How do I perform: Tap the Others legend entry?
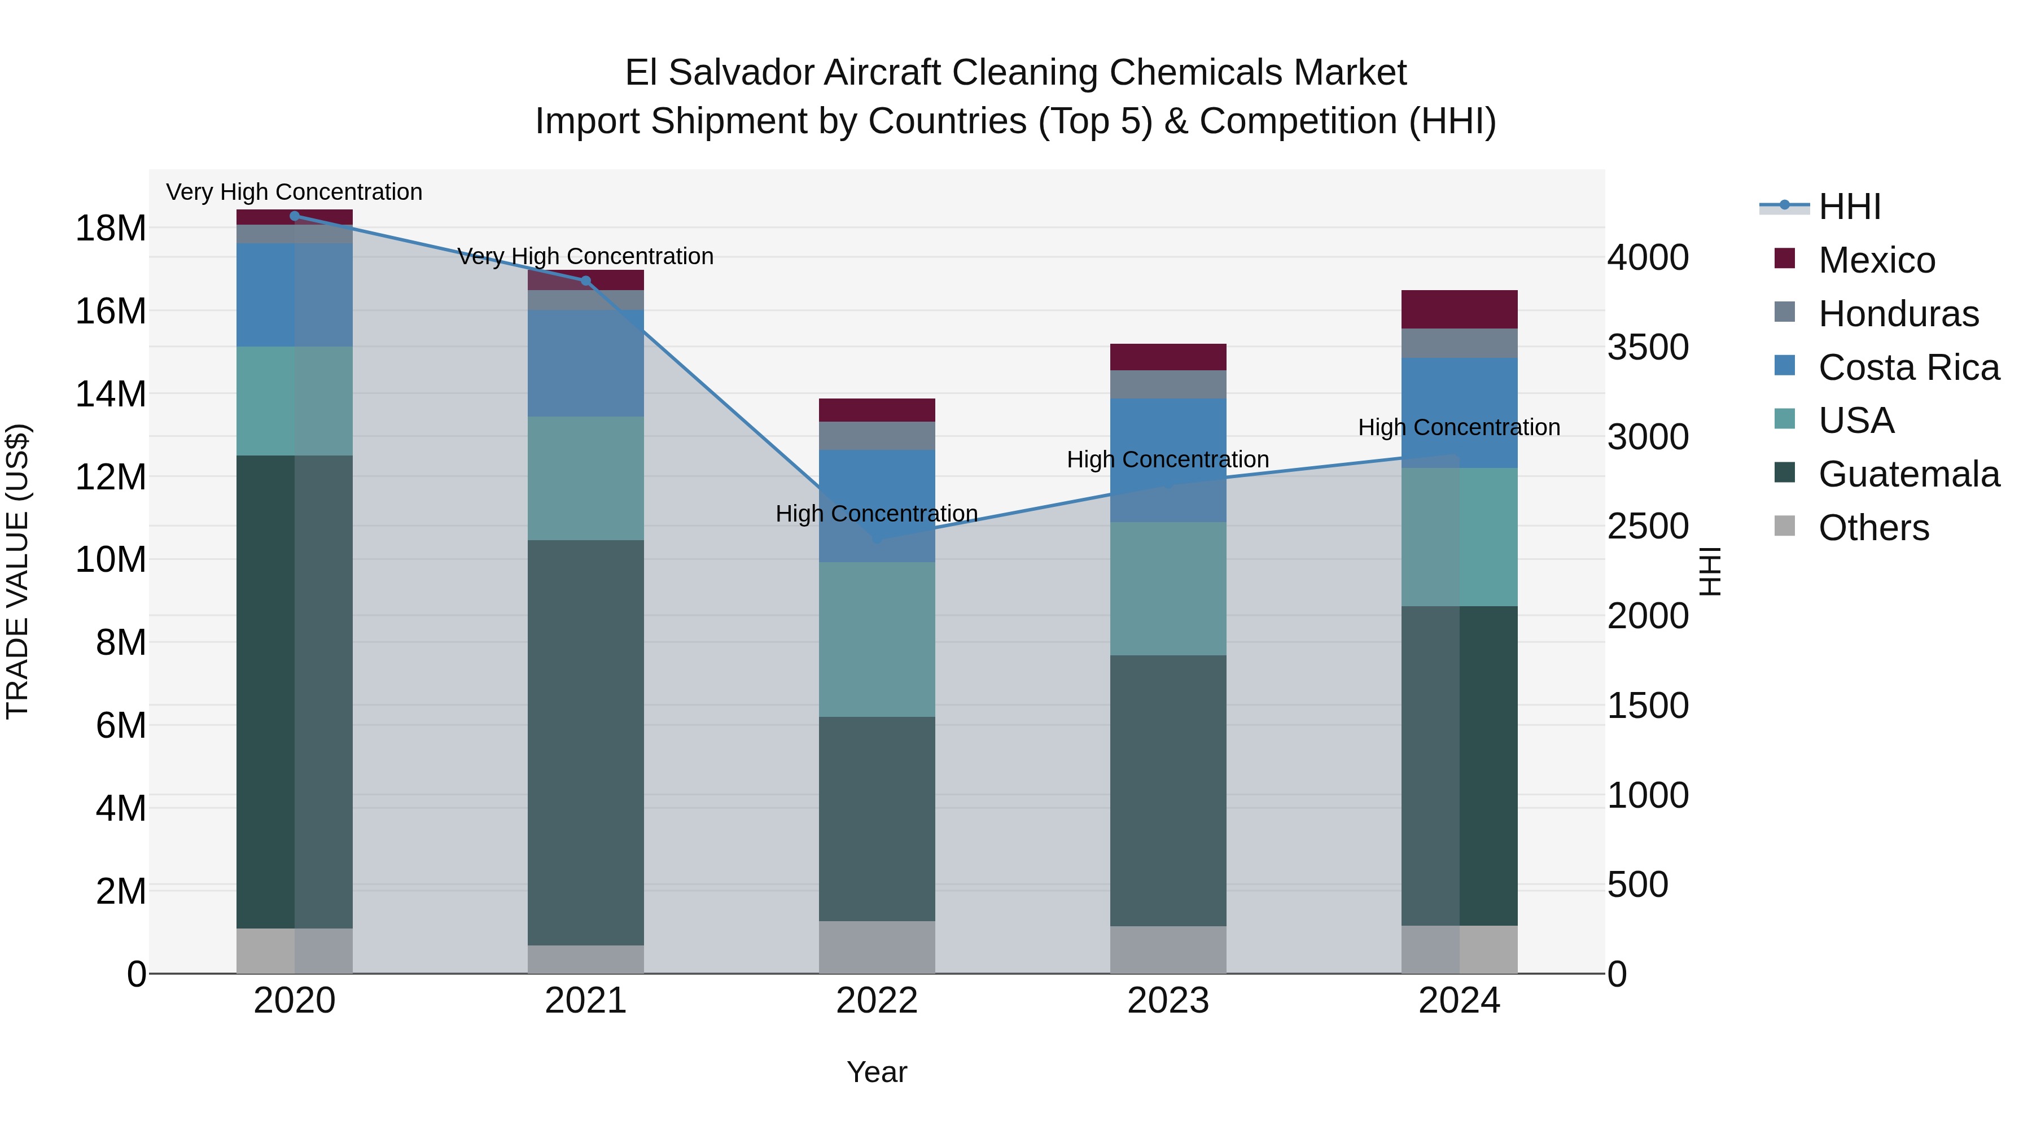point(1873,528)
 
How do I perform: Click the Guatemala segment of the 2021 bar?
point(585,742)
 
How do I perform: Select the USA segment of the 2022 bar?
point(877,639)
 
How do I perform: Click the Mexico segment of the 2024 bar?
point(1459,309)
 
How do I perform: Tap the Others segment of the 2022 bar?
point(877,947)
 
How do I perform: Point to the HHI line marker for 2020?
point(294,216)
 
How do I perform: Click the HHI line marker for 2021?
point(585,281)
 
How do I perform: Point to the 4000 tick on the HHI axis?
point(1648,258)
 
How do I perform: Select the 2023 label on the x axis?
point(1167,1001)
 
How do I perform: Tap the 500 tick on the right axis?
point(1637,885)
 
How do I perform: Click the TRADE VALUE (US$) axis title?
point(17,571)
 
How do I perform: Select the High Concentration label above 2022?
point(877,514)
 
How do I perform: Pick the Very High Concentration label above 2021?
point(585,256)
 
